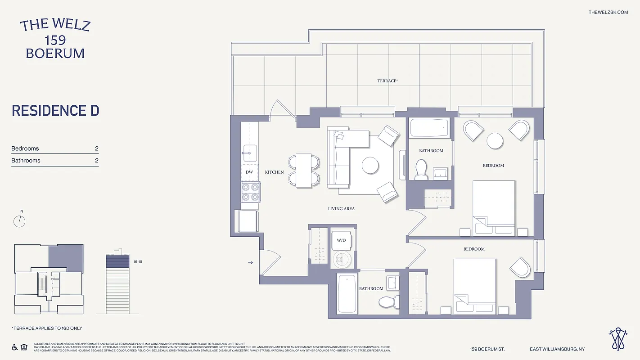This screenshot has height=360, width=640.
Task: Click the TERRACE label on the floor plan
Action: pyautogui.click(x=387, y=81)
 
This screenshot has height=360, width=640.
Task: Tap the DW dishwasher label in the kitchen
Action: pyautogui.click(x=249, y=172)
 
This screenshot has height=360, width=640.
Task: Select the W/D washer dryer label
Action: pyautogui.click(x=342, y=240)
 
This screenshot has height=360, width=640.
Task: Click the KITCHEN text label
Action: pyautogui.click(x=274, y=172)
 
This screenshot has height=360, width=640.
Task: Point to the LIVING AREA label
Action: pyautogui.click(x=341, y=209)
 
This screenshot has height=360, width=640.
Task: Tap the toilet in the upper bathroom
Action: pyautogui.click(x=421, y=171)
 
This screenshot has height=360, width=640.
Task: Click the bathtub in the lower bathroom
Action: pyautogui.click(x=347, y=293)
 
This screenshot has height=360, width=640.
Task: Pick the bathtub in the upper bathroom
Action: pyautogui.click(x=429, y=128)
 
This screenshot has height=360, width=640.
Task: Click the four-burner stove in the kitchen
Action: pyautogui.click(x=250, y=192)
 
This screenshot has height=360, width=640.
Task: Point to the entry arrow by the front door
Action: pyautogui.click(x=250, y=262)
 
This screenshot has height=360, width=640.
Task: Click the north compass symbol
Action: pyautogui.click(x=20, y=221)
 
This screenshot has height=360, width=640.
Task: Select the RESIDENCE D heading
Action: pyautogui.click(x=55, y=111)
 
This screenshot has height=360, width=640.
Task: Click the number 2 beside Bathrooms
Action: pyautogui.click(x=96, y=161)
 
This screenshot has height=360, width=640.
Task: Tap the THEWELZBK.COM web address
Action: pyautogui.click(x=608, y=12)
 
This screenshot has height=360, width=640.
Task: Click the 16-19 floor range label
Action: pyautogui.click(x=139, y=261)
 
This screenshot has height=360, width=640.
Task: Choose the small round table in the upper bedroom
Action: pyautogui.click(x=495, y=141)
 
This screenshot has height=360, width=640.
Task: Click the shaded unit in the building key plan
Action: pyautogui.click(x=66, y=258)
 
